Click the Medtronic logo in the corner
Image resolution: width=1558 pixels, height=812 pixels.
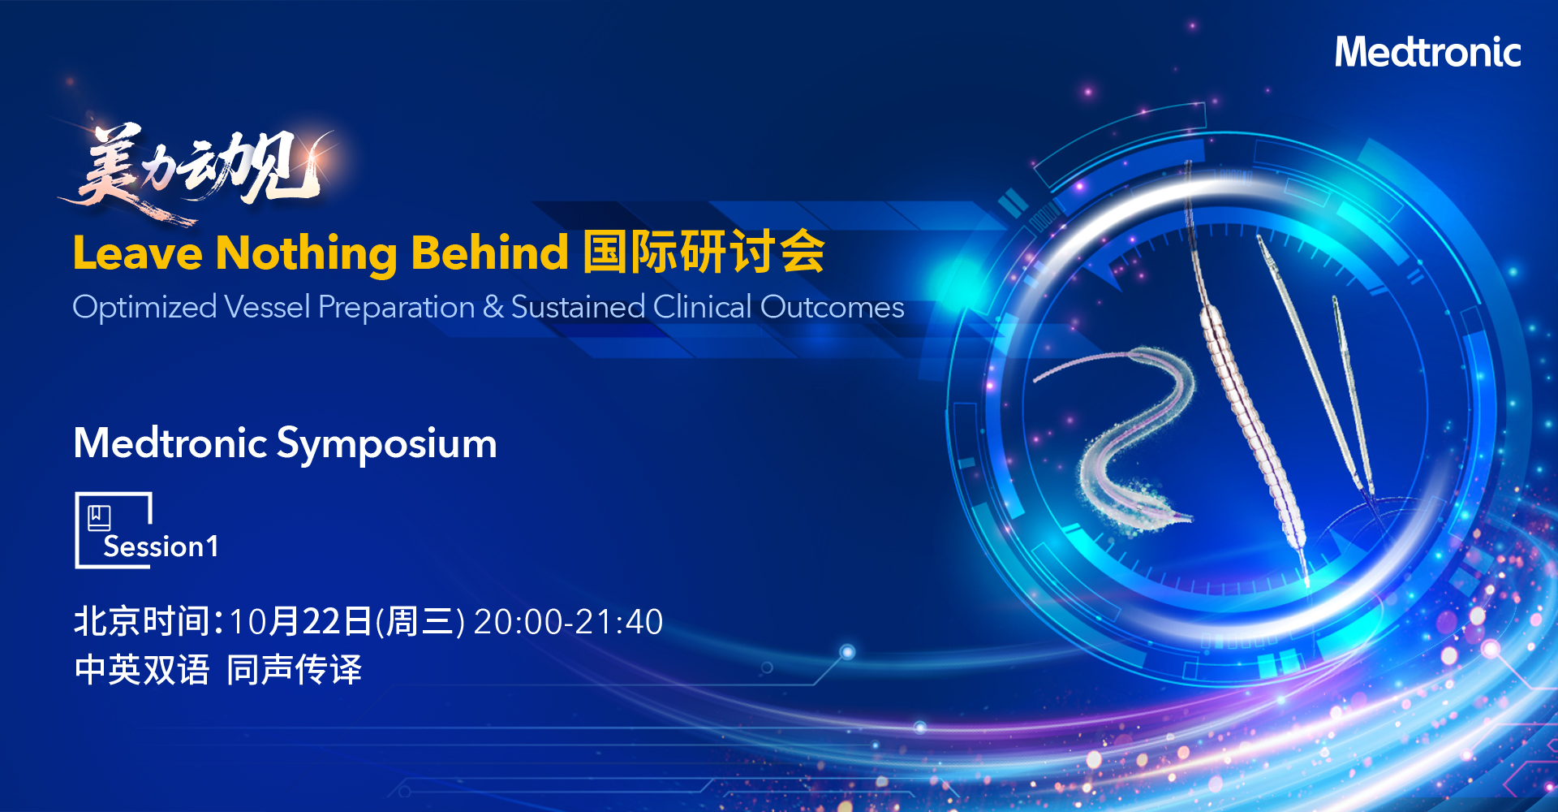tap(1427, 52)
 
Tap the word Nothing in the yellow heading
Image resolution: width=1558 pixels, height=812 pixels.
tap(307, 253)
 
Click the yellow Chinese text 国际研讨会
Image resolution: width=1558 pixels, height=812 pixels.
tap(704, 252)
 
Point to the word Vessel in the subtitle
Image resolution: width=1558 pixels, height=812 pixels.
tap(267, 307)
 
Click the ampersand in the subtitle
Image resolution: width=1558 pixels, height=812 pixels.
tap(493, 307)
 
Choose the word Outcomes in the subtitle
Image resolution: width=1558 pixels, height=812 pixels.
tap(832, 307)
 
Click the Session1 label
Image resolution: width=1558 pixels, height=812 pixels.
tap(161, 546)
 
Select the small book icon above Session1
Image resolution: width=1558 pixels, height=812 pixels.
tap(99, 517)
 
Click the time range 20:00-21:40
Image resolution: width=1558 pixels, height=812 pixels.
tap(568, 622)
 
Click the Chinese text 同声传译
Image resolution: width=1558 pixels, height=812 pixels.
tap(294, 670)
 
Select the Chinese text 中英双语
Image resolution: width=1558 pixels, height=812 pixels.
tap(142, 670)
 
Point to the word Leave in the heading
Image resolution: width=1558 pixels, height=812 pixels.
tap(137, 253)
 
